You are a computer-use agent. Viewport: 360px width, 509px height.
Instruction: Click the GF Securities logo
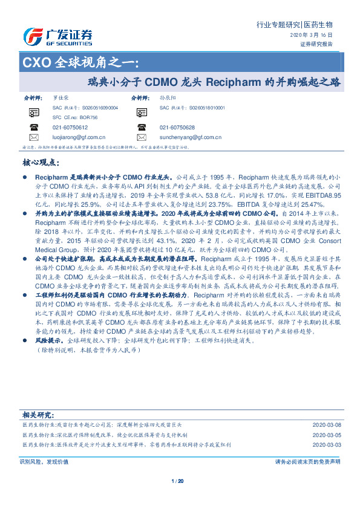[x=57, y=37]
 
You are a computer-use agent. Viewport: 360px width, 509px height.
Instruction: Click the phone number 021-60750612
[x=70, y=128]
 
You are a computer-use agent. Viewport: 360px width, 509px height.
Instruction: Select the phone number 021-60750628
[x=177, y=128]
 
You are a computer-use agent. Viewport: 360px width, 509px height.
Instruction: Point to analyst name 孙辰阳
[x=168, y=97]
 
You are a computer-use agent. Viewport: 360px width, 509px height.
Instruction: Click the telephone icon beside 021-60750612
[x=34, y=128]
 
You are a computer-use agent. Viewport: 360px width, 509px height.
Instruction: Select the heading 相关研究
[x=38, y=415]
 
